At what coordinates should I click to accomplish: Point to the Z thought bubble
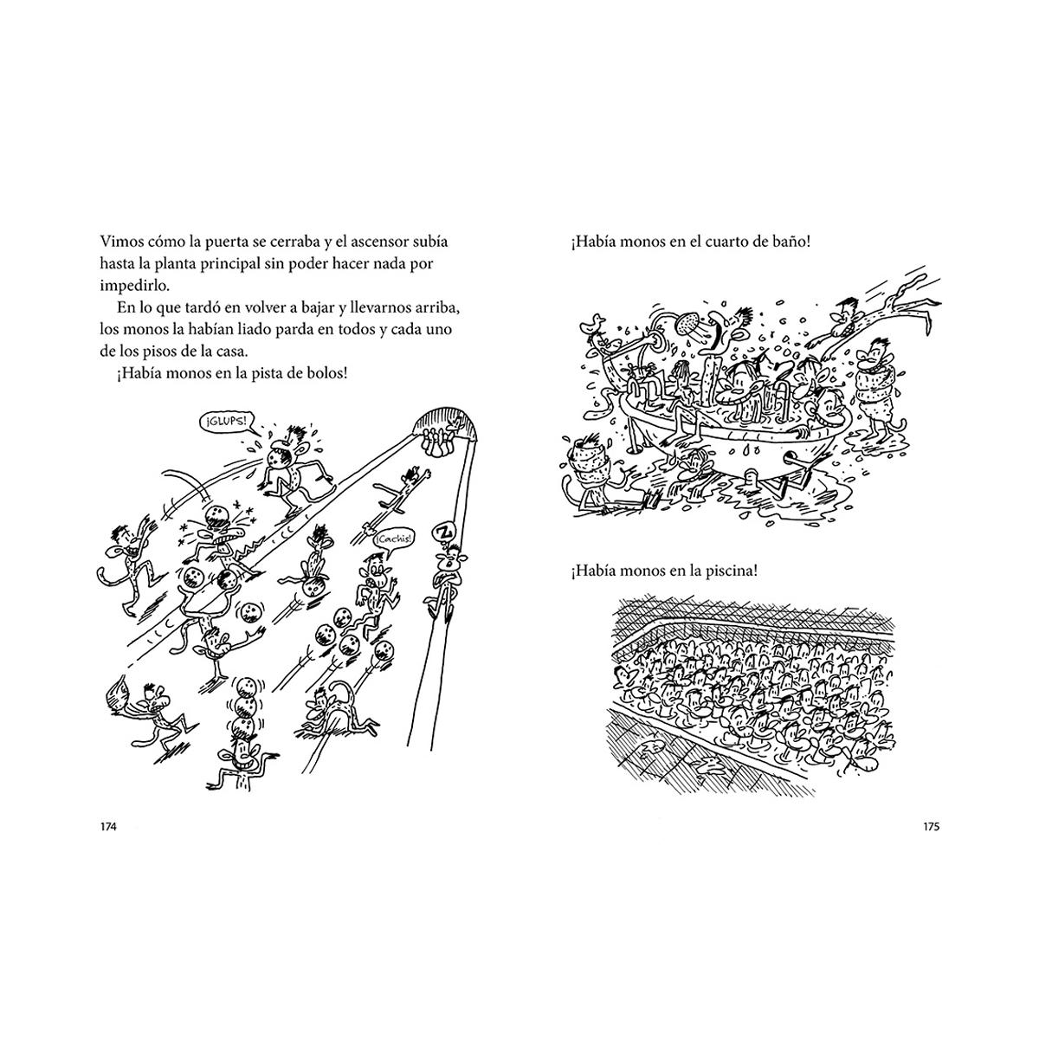pyautogui.click(x=444, y=532)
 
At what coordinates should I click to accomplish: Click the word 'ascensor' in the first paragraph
pyautogui.click(x=379, y=242)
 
